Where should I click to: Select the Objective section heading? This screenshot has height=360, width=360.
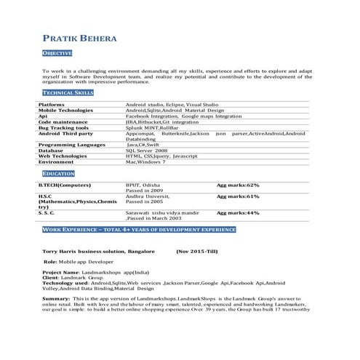click(x=57, y=53)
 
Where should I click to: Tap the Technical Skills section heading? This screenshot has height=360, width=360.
click(x=68, y=93)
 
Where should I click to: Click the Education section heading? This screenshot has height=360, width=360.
click(x=58, y=174)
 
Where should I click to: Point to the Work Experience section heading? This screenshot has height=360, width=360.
click(x=139, y=229)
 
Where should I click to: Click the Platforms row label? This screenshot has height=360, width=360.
click(x=52, y=105)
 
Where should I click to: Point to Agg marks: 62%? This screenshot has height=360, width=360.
click(x=238, y=185)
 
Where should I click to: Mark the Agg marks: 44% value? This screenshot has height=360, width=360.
click(x=238, y=213)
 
